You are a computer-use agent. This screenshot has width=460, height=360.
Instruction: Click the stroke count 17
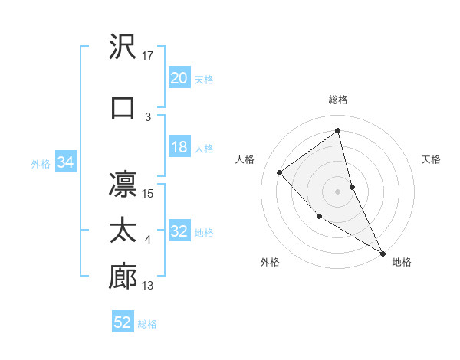click(149, 56)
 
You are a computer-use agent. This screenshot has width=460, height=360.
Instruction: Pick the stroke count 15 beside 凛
click(149, 193)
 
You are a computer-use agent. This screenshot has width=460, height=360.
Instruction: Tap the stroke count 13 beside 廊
click(149, 286)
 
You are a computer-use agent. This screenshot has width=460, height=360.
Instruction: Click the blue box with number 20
click(179, 78)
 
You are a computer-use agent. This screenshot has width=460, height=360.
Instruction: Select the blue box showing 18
click(179, 147)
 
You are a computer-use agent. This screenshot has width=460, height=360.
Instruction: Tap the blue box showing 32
click(179, 232)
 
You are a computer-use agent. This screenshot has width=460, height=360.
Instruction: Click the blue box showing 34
click(66, 162)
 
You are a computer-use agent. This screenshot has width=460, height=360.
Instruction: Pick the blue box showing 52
click(123, 322)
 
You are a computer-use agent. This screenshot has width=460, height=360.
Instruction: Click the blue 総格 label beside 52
click(148, 324)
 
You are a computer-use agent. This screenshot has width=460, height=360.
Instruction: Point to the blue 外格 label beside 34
click(41, 163)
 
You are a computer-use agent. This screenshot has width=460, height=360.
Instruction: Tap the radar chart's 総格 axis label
click(338, 100)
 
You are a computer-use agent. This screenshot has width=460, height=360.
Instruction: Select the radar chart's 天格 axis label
click(431, 159)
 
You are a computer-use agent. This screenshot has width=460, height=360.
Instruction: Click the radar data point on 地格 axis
click(383, 254)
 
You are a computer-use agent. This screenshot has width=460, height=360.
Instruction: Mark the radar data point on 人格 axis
click(280, 172)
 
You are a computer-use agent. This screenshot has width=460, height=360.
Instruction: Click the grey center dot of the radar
click(338, 191)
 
